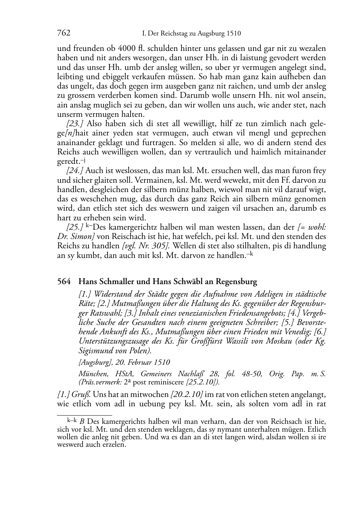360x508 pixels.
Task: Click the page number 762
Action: (63, 34)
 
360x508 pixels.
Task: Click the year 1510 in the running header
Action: (233, 34)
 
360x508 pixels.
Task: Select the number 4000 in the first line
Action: (127, 49)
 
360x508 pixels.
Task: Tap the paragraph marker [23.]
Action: (75, 124)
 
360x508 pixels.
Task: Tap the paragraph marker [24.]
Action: (75, 171)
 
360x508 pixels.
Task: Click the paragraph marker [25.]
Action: (75, 227)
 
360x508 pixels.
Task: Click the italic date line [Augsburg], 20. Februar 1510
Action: (124, 363)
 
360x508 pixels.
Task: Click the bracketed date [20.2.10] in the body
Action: (187, 395)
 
